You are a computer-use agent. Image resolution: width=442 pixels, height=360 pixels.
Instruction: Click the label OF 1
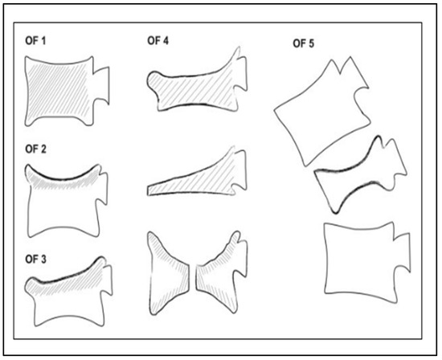(35, 41)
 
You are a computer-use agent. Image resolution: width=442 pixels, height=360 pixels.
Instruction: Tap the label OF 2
(35, 149)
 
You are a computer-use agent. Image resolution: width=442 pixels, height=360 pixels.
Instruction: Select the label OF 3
(35, 260)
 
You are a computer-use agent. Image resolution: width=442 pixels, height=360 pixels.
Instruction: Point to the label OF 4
(158, 41)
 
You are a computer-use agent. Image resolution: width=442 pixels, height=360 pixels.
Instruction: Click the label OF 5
(303, 43)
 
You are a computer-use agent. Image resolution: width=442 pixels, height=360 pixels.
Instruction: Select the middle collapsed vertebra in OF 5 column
(361, 176)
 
